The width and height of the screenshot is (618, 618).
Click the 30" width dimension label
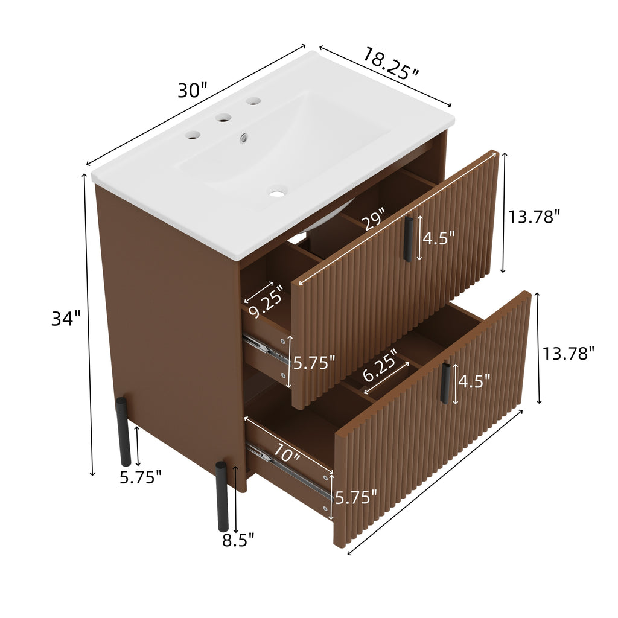[x=192, y=91]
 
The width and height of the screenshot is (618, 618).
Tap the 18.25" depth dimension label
[x=390, y=63]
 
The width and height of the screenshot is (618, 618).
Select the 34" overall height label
[x=66, y=318]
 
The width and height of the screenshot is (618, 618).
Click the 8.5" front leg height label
[x=238, y=539]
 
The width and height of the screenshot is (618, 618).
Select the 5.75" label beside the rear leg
[x=141, y=477]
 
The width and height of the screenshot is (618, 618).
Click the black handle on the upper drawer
[x=409, y=239]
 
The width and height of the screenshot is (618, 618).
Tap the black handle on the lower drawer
[x=445, y=383]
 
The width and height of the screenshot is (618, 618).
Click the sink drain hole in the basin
[x=277, y=194]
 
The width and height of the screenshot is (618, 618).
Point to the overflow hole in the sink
[x=244, y=138]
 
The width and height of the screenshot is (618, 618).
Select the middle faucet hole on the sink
[x=225, y=118]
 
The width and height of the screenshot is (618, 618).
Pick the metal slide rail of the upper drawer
[x=266, y=350]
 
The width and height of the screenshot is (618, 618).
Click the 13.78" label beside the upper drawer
[x=534, y=216]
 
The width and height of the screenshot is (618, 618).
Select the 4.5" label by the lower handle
[x=474, y=381]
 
